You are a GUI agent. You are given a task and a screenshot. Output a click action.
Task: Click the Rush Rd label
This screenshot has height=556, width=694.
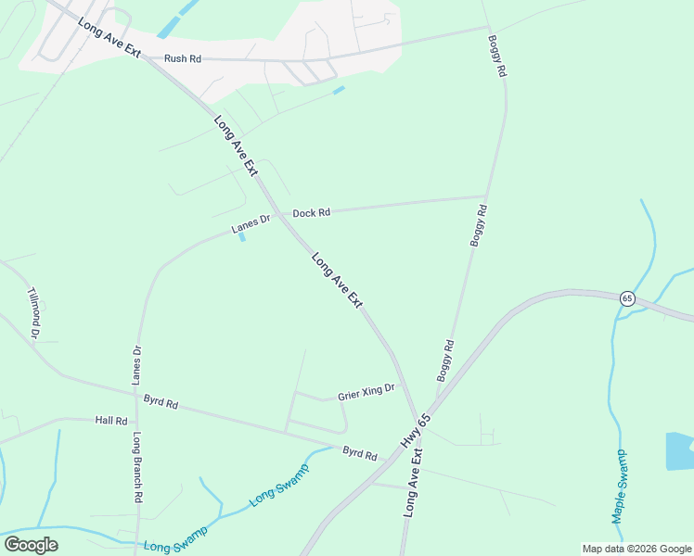(183, 58)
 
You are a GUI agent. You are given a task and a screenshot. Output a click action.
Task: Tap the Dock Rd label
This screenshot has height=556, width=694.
(312, 213)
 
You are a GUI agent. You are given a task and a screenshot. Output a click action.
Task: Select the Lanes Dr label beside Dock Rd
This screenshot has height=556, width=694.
(250, 224)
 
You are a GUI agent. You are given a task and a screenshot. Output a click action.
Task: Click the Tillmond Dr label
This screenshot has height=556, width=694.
(35, 311)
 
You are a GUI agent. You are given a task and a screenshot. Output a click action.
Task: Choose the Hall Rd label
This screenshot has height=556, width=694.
(110, 420)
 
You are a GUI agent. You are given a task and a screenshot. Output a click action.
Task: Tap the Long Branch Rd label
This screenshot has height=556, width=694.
(137, 467)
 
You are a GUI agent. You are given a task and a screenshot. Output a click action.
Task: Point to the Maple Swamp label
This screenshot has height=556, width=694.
(620, 486)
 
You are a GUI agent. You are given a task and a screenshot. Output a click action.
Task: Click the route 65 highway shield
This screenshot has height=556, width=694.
(628, 298)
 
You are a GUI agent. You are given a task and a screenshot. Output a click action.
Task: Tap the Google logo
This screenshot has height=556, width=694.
(31, 545)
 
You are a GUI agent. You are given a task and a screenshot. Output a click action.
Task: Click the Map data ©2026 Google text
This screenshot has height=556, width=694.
(636, 549)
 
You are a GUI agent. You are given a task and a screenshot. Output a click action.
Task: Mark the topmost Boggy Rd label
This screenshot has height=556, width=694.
(496, 57)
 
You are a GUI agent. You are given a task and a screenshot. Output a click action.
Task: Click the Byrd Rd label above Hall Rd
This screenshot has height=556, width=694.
(160, 402)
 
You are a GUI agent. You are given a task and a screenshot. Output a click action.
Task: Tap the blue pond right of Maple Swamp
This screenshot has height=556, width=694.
(679, 450)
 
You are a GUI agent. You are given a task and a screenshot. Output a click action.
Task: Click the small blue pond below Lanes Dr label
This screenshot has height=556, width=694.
(242, 236)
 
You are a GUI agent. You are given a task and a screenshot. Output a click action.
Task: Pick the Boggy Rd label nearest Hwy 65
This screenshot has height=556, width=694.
(445, 361)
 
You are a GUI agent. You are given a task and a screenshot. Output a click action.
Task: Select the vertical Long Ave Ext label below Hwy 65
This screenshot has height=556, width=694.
(414, 483)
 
